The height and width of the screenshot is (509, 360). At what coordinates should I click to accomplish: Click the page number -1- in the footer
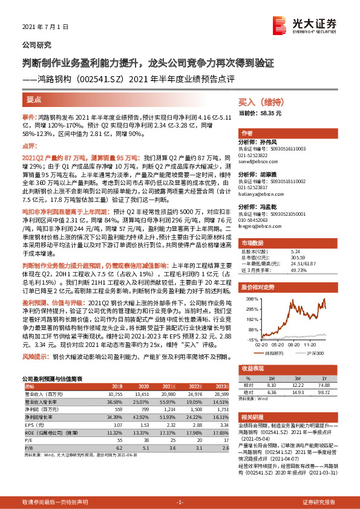pyautogui.click(x=179, y=502)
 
